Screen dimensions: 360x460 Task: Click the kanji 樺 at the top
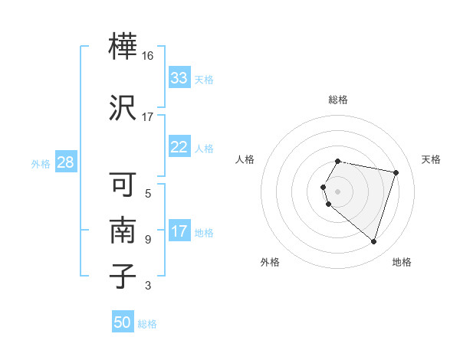[x=123, y=47]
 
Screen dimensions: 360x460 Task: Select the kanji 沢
[x=123, y=107]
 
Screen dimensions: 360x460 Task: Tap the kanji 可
[x=123, y=184]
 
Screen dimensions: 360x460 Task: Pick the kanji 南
[x=123, y=230]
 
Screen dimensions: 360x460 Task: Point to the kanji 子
[x=123, y=276]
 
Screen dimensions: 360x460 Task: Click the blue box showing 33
[x=179, y=78]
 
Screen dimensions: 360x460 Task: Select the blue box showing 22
[x=179, y=148]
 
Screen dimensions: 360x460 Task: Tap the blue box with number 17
[x=179, y=232]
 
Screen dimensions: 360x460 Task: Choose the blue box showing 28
[x=65, y=162]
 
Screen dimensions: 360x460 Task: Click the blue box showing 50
[x=123, y=322]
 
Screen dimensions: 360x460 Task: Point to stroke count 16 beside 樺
[x=148, y=56]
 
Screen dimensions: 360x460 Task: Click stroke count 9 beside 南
[x=148, y=239]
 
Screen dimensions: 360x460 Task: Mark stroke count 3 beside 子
[x=148, y=286]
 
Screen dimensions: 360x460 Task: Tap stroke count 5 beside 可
[x=148, y=193]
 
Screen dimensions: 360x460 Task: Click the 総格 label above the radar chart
[x=337, y=100]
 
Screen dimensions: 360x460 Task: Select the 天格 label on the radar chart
[x=431, y=159]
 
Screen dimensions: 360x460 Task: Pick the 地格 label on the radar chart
[x=402, y=262]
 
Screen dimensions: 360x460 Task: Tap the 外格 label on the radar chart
[x=270, y=262]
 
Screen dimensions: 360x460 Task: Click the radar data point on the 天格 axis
[x=396, y=172]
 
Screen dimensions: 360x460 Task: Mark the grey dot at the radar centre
[x=337, y=191]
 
